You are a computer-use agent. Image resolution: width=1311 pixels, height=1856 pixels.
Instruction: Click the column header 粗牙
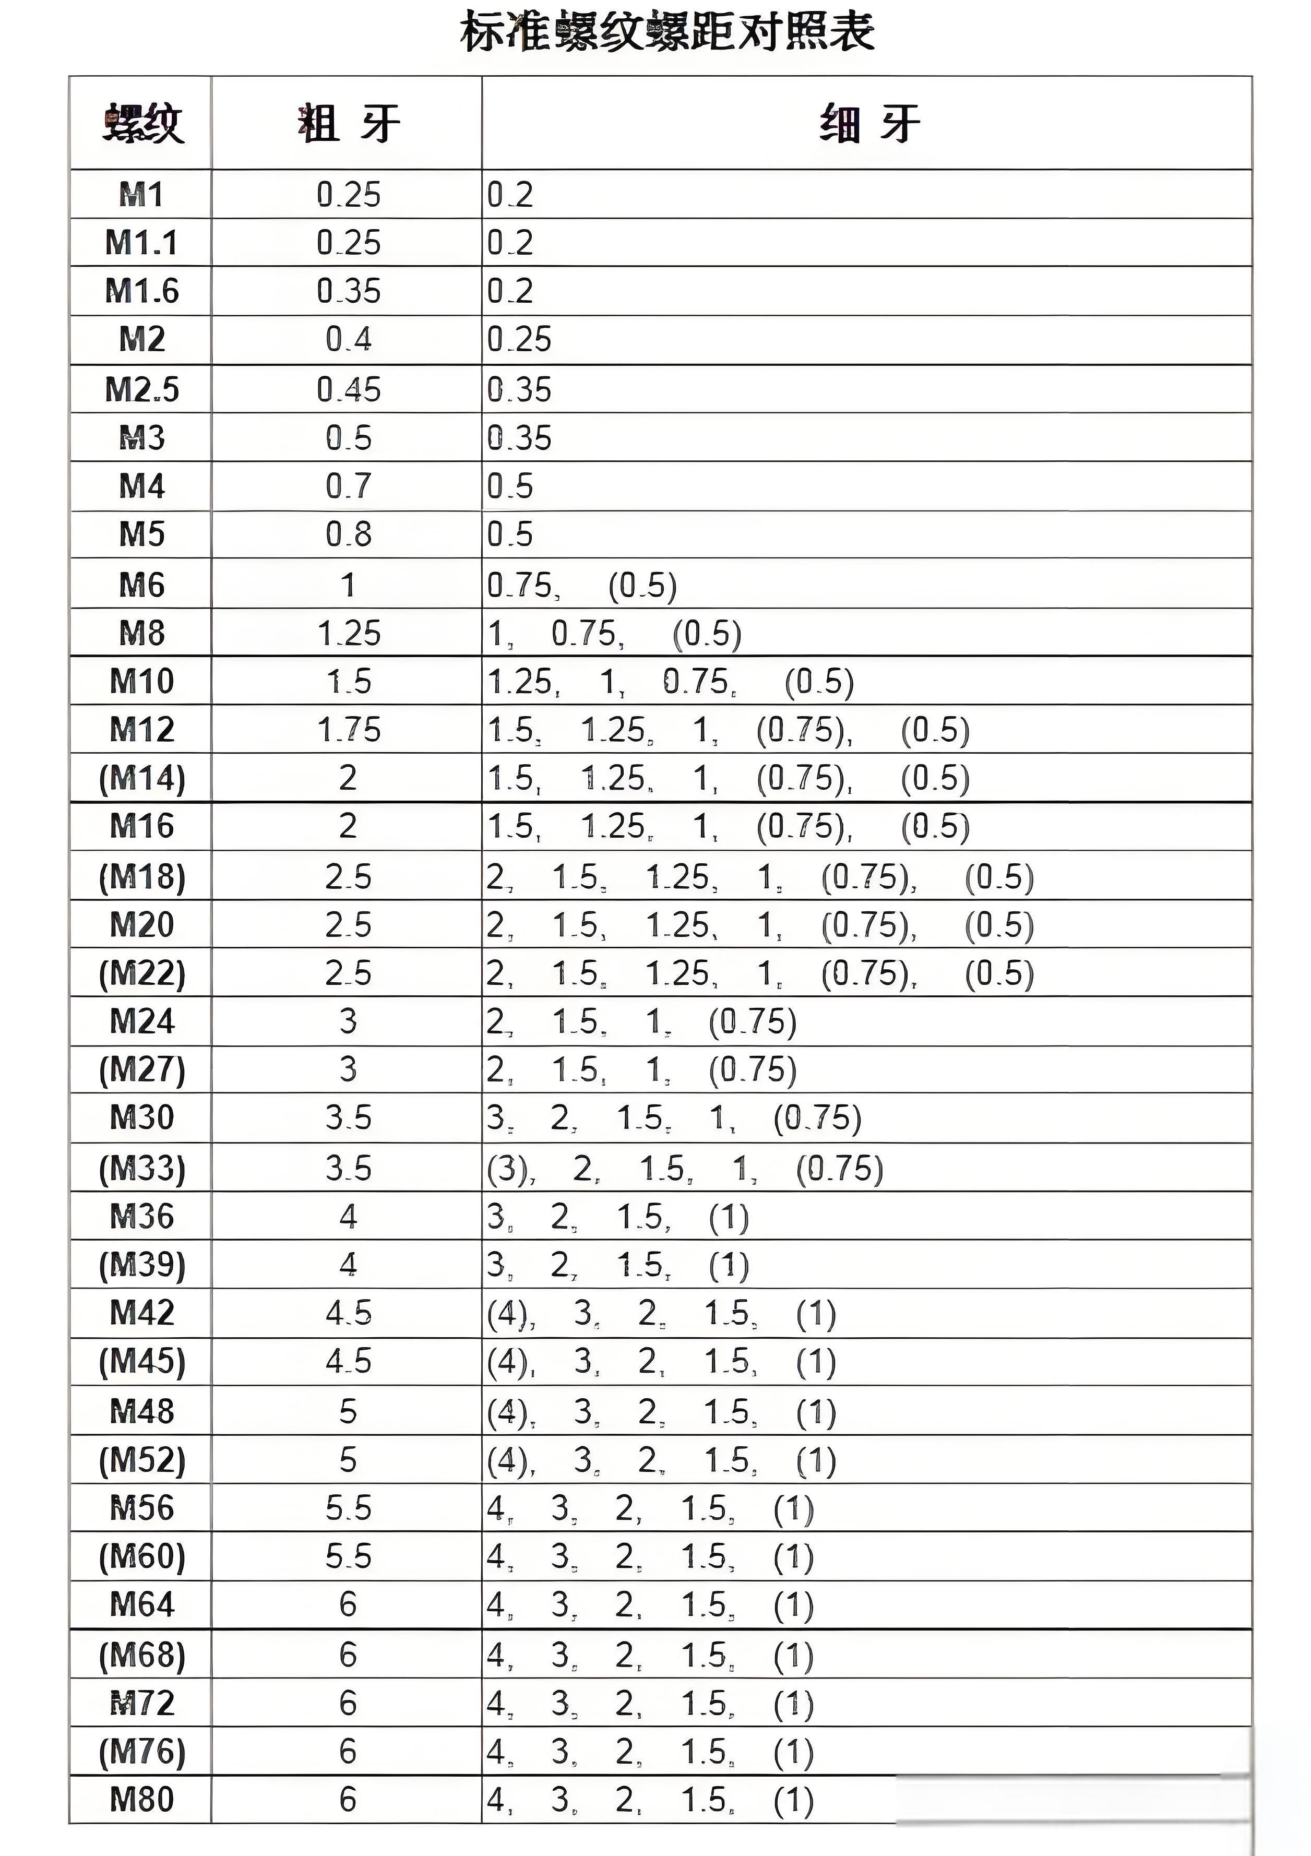pyautogui.click(x=348, y=124)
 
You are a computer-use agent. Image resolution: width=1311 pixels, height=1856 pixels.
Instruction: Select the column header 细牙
pyautogui.click(x=869, y=124)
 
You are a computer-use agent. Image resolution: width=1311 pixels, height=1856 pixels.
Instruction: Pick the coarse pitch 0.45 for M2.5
pyautogui.click(x=348, y=390)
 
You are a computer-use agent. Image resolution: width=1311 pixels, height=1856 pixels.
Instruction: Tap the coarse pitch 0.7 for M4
pyautogui.click(x=348, y=486)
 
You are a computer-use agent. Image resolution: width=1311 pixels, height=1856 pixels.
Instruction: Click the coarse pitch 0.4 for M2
pyautogui.click(x=348, y=339)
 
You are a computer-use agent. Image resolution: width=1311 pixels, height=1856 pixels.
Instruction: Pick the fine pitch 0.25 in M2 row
pyautogui.click(x=518, y=339)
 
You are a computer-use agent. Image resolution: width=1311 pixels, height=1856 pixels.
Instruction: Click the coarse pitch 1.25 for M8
pyautogui.click(x=348, y=633)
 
